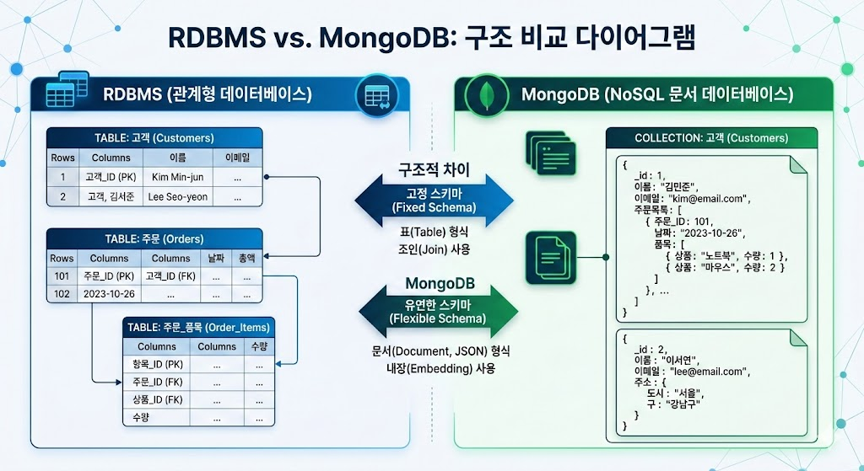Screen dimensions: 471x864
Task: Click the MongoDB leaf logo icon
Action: [x=485, y=94]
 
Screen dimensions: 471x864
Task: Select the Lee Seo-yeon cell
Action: [x=178, y=196]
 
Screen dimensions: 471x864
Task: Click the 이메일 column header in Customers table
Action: [x=237, y=158]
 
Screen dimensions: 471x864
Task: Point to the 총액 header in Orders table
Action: [x=246, y=258]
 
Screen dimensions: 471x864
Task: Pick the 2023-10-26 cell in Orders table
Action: [x=109, y=294]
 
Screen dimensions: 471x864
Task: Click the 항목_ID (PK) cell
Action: [x=157, y=364]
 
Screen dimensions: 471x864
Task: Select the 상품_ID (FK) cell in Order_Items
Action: [x=157, y=399]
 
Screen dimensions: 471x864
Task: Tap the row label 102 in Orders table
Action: [x=62, y=294]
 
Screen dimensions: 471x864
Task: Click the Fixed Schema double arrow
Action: [x=433, y=201]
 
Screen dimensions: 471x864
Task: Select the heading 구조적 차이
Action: [x=434, y=169]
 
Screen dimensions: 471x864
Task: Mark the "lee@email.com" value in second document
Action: [x=705, y=371]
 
